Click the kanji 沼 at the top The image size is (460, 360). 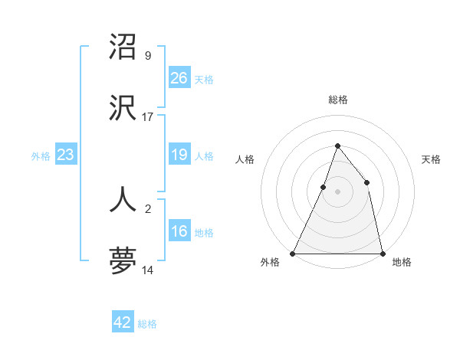pos(123,47)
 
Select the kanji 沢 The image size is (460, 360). pos(123,110)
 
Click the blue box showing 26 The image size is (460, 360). pos(179,77)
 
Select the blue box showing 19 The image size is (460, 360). pos(179,155)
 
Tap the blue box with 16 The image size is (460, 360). pos(179,231)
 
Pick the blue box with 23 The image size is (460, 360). pos(65,155)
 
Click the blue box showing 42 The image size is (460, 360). pos(123,322)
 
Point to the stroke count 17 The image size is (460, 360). pos(148,117)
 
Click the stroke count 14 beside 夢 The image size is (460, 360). pos(148,270)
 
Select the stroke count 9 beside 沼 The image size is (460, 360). pos(148,56)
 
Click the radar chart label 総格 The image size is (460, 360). pos(337,100)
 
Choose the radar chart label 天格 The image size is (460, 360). pos(431,159)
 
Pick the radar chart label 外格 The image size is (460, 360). pos(270,263)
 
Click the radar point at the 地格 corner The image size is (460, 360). pos(382,253)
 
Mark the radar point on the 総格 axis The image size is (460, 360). pos(337,146)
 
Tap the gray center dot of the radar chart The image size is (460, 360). pos(337,191)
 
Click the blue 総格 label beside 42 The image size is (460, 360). pos(147,324)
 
